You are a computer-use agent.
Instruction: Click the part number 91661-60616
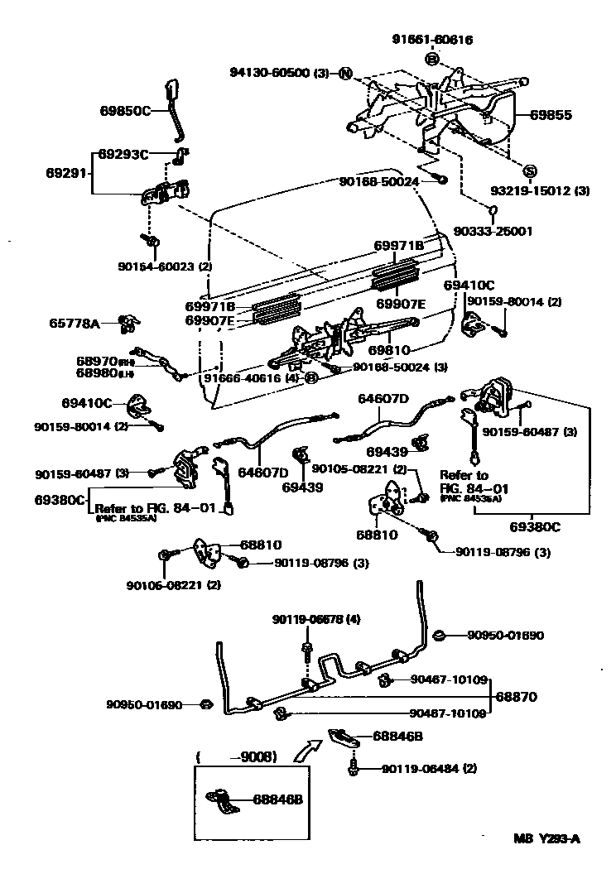(435, 40)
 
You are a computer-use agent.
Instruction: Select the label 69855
(551, 115)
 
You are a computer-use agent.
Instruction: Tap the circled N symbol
(345, 74)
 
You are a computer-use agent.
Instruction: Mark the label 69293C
(123, 154)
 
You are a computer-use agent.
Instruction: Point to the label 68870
(517, 698)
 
